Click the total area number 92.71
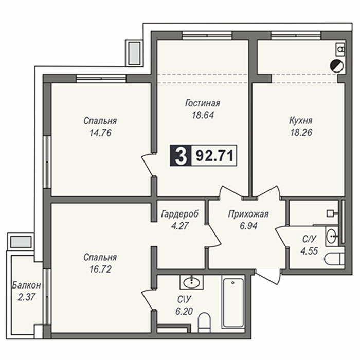click(x=214, y=156)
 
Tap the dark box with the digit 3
click(x=181, y=155)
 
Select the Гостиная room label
click(x=203, y=103)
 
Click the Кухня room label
click(x=301, y=121)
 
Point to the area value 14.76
click(x=100, y=133)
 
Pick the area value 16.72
click(x=100, y=269)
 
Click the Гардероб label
click(x=180, y=214)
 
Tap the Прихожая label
click(x=248, y=214)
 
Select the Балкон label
click(x=26, y=285)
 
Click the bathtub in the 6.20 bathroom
click(x=232, y=303)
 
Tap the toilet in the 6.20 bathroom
click(x=204, y=322)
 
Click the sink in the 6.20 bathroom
click(x=191, y=282)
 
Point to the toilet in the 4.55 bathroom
click(x=334, y=259)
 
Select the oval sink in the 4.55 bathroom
click(x=332, y=236)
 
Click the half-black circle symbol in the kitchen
click(x=336, y=66)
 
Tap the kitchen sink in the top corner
click(x=340, y=49)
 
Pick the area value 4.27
click(x=180, y=226)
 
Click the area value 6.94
click(x=248, y=226)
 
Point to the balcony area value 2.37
click(x=26, y=298)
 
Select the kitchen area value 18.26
click(x=301, y=133)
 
